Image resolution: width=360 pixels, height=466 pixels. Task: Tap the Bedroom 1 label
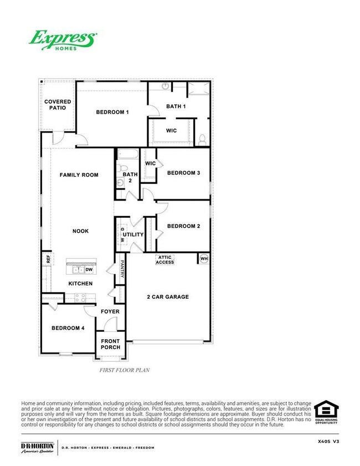pos(112,112)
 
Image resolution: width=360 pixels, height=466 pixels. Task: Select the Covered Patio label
pos(58,105)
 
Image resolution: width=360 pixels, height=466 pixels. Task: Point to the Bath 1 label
pos(176,106)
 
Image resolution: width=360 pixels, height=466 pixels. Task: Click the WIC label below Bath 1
pos(171,131)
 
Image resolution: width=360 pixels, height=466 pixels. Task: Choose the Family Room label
pos(79,175)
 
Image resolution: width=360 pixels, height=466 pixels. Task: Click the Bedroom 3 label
pos(183,173)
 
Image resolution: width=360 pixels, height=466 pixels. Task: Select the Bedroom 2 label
pos(183,226)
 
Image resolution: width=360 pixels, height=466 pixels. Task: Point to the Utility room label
pos(133,235)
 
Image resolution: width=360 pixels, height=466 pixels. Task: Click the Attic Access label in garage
pos(165,259)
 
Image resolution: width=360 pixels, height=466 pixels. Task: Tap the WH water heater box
pos(203,258)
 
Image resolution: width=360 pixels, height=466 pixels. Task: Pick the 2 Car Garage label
pos(168,297)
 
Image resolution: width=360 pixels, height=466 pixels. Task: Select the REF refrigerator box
pos(48,259)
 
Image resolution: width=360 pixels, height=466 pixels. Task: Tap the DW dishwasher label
pos(89,269)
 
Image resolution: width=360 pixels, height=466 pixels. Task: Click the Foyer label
pos(110,311)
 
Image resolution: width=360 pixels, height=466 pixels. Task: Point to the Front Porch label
pos(110,344)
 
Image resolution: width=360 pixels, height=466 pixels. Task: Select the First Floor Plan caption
pos(125,370)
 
